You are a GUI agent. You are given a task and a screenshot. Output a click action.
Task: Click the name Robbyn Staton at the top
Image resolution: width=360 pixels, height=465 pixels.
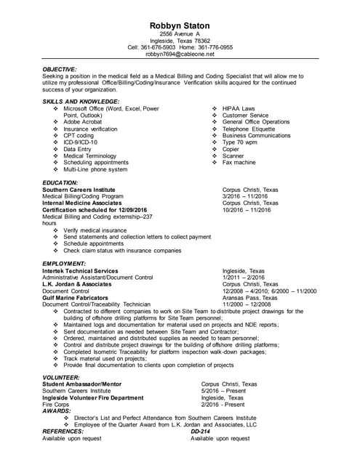click(x=180, y=25)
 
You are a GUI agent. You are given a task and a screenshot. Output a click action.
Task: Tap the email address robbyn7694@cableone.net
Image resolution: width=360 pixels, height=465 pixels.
click(x=180, y=54)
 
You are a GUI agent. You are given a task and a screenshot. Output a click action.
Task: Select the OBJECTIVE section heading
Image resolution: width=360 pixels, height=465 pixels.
click(x=60, y=69)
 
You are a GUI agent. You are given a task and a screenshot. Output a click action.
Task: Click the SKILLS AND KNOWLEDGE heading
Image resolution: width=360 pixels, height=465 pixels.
click(x=81, y=101)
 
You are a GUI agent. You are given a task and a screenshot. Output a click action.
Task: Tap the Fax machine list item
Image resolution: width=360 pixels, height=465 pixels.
click(x=239, y=163)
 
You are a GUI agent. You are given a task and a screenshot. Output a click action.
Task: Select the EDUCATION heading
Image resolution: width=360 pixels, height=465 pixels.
click(x=60, y=182)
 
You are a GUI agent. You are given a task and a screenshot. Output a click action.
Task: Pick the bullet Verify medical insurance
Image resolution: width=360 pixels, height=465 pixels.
click(x=95, y=230)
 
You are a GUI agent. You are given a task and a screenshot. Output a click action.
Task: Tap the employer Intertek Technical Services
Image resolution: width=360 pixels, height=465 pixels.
click(x=80, y=270)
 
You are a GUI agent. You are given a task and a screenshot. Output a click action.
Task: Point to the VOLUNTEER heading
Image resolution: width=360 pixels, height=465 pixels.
click(x=62, y=378)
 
